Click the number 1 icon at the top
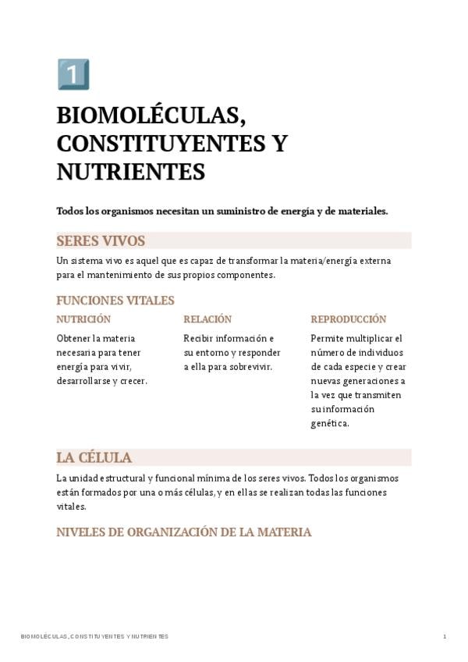point(73,74)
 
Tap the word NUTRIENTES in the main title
point(130,172)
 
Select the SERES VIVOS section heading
point(101,241)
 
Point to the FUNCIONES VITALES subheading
point(115,301)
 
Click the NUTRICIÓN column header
point(83,319)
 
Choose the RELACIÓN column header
point(207,319)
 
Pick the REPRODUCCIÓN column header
point(348,319)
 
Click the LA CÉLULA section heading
point(94,457)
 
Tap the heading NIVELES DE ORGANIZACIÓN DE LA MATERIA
point(184,532)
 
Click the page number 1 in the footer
point(445,636)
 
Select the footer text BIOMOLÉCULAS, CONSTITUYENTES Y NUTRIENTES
point(94,636)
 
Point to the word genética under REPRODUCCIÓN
point(329,424)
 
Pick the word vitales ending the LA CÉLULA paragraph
point(71,506)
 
